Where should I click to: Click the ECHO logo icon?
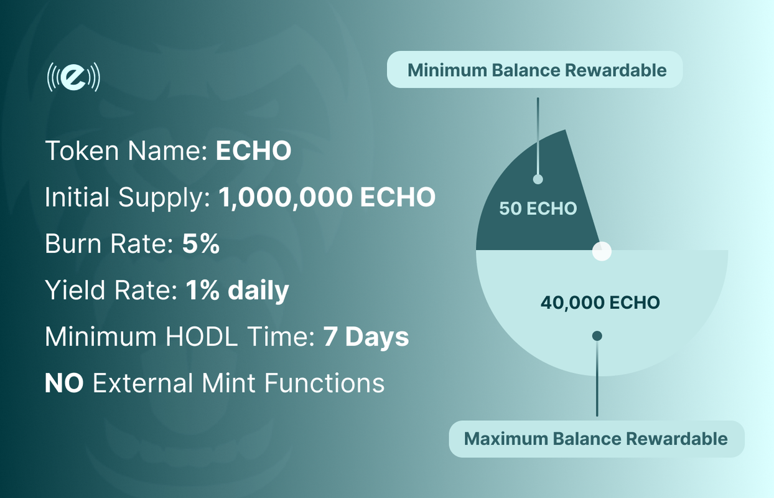point(73,77)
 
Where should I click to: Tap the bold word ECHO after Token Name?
point(254,151)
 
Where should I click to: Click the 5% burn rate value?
point(201,243)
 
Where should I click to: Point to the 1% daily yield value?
point(237,290)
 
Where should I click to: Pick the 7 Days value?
point(366,337)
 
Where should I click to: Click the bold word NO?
point(64,383)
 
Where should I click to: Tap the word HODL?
point(202,337)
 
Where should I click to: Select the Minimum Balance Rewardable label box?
point(534,70)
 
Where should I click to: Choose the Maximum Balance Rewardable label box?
point(597,439)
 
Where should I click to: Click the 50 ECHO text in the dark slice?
point(538,209)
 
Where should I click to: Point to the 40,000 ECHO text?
point(600,303)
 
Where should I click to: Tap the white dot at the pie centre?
point(602,251)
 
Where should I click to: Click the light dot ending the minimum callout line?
point(538,179)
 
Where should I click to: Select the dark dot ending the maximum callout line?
point(597,336)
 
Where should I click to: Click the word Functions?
point(324,383)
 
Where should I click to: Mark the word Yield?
point(75,290)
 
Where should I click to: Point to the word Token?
point(82,151)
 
